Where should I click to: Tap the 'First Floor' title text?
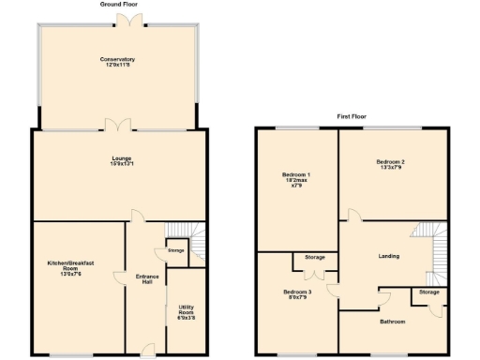pyautogui.click(x=352, y=117)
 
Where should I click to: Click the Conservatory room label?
pyautogui.click(x=118, y=60)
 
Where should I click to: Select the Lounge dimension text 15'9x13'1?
pyautogui.click(x=118, y=165)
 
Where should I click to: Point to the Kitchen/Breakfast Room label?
pyautogui.click(x=79, y=267)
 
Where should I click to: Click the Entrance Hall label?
pyautogui.click(x=147, y=280)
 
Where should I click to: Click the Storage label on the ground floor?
pyautogui.click(x=176, y=251)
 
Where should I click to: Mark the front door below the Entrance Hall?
pyautogui.click(x=147, y=351)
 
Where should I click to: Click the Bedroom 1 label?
pyautogui.click(x=296, y=178)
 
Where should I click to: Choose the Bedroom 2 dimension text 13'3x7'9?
pyautogui.click(x=393, y=167)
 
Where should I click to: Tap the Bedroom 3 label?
pyautogui.click(x=296, y=294)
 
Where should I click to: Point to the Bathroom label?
pyautogui.click(x=392, y=322)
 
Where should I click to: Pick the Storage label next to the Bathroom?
pyautogui.click(x=428, y=292)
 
